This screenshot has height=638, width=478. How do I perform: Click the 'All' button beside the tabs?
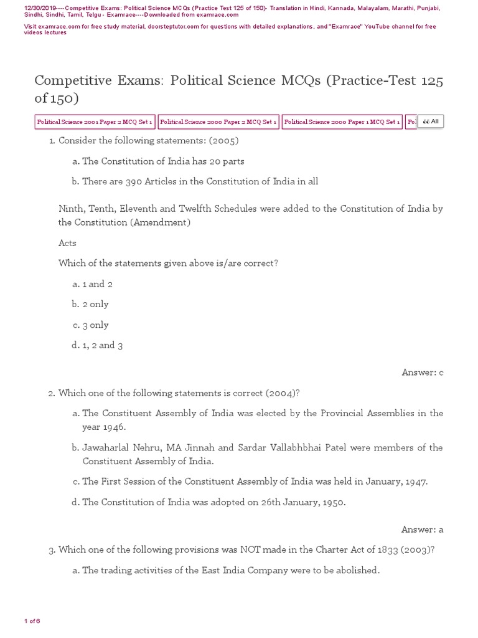pos(431,122)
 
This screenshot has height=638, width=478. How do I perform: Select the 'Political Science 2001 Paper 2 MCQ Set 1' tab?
pos(95,122)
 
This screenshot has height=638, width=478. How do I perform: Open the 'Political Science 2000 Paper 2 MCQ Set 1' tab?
pos(218,122)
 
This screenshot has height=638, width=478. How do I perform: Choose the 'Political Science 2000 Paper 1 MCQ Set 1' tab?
pos(342,122)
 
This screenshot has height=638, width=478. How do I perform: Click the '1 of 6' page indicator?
pos(32,621)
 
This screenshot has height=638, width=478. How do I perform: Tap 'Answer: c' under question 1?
pos(422,373)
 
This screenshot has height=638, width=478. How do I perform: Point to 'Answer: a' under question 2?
pos(422,530)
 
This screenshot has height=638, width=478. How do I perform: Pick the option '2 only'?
pos(95,304)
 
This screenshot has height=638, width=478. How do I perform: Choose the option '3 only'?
pos(95,325)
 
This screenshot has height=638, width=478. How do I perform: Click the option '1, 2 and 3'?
pos(102,345)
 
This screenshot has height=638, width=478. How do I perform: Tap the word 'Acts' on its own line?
pos(67,243)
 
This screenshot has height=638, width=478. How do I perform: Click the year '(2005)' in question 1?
pos(224,141)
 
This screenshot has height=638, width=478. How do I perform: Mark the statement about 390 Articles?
pos(200,181)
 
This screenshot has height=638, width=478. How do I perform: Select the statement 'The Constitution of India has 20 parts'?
pos(163,161)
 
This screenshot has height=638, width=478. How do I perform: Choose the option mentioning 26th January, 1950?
pos(213,502)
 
